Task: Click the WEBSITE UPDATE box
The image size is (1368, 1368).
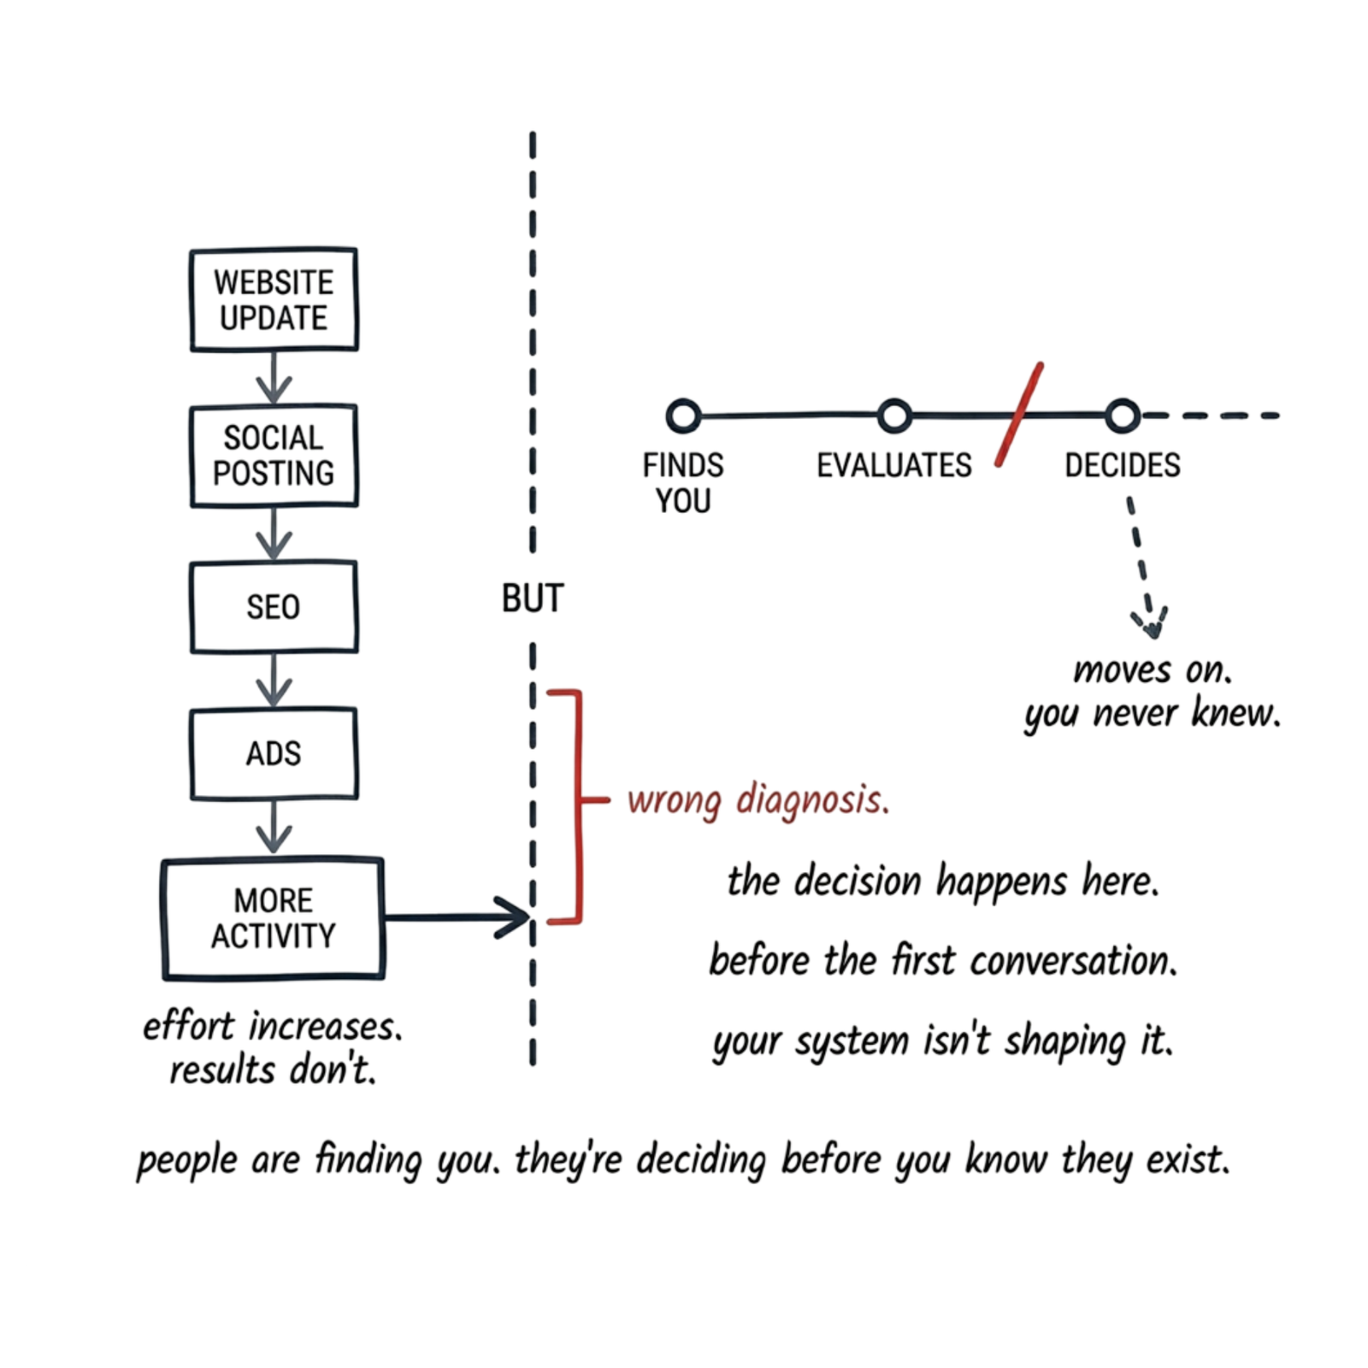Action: pyautogui.click(x=274, y=299)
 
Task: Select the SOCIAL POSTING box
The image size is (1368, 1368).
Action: pyautogui.click(x=274, y=456)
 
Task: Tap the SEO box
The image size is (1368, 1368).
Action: pyautogui.click(x=274, y=607)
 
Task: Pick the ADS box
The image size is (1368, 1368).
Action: pyautogui.click(x=274, y=753)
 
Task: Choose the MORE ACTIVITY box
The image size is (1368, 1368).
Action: pyautogui.click(x=274, y=917)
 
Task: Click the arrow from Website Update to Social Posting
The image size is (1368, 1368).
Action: pyautogui.click(x=274, y=378)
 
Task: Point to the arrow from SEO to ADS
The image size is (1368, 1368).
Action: pyautogui.click(x=274, y=681)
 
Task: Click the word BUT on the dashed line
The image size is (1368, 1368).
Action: pyautogui.click(x=533, y=598)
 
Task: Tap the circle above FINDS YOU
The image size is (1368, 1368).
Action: pyautogui.click(x=683, y=416)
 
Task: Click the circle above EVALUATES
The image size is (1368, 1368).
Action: pyautogui.click(x=894, y=416)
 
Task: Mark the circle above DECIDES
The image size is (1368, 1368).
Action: pyautogui.click(x=1123, y=416)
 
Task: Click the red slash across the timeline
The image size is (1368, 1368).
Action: pyautogui.click(x=1019, y=415)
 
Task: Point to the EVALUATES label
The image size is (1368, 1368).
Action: pyautogui.click(x=894, y=466)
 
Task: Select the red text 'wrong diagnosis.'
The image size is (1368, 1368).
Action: pyautogui.click(x=758, y=800)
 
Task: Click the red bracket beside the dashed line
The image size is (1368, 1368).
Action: pyautogui.click(x=579, y=806)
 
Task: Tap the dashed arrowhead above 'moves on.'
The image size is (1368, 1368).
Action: pyautogui.click(x=1152, y=624)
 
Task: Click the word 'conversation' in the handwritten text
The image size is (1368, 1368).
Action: pyautogui.click(x=1072, y=961)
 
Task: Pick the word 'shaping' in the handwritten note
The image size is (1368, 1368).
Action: pyautogui.click(x=1064, y=1041)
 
